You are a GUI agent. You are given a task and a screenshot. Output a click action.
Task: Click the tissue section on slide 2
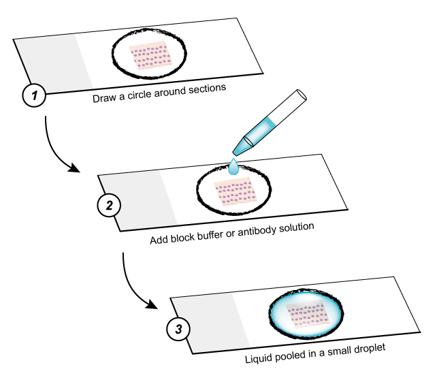(233, 192)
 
